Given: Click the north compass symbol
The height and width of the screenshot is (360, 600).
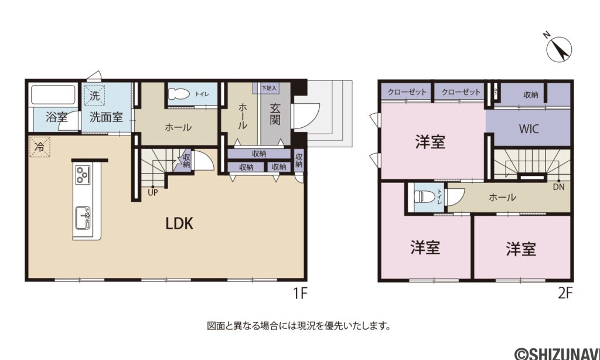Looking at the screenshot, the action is pos(559,49).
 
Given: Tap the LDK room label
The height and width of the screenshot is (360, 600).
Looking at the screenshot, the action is pos(179,223).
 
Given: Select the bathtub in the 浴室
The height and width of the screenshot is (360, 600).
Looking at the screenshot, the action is pos(53,94).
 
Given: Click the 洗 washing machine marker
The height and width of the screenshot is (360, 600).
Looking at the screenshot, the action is pos(94,96).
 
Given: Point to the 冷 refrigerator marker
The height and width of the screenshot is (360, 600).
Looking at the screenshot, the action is pos(40,147).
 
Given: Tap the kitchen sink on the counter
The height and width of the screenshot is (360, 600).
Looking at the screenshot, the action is pos(83,218).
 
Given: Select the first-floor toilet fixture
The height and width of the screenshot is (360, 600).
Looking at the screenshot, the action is pos(179,94).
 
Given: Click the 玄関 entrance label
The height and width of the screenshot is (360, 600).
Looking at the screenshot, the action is pos(275,114).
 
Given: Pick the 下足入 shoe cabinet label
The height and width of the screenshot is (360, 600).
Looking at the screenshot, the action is pos(269,88).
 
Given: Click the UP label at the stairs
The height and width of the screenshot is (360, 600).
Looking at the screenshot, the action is pos(153,193).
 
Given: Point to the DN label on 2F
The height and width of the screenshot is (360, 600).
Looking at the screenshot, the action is pos(558,187).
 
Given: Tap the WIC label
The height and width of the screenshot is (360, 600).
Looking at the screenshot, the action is pos(529,128).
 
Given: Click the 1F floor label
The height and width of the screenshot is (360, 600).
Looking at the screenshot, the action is pos(301,293).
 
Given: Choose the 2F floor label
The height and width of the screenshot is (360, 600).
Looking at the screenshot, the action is pos(565,293).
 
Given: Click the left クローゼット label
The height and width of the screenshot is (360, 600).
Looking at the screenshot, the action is pos(407,92).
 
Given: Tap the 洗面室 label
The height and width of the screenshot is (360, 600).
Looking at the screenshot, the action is pos(107,117).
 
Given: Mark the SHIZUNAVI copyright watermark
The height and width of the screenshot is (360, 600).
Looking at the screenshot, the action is pos(557,353).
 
